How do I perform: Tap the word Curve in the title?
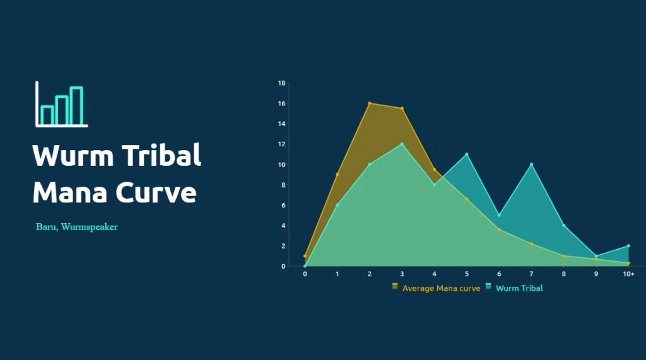point(156,192)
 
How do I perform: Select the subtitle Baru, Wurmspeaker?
point(77,227)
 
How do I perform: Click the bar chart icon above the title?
point(62,104)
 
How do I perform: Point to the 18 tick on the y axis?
point(281,83)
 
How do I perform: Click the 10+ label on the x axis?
point(628,274)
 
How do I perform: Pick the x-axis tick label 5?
point(466,274)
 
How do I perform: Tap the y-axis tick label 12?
point(281,144)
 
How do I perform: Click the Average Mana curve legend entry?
point(437,288)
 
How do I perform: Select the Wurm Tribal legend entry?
point(514,288)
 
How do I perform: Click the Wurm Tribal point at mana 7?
point(531,165)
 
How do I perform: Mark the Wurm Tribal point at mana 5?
point(467,154)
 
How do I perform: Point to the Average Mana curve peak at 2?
point(370,103)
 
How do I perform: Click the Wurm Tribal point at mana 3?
point(402,144)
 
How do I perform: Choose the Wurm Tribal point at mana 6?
point(499,216)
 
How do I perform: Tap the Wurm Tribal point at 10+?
point(628,246)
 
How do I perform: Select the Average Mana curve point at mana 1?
point(338,175)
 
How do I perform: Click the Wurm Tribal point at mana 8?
point(563,226)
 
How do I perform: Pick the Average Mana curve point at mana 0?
point(305,256)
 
